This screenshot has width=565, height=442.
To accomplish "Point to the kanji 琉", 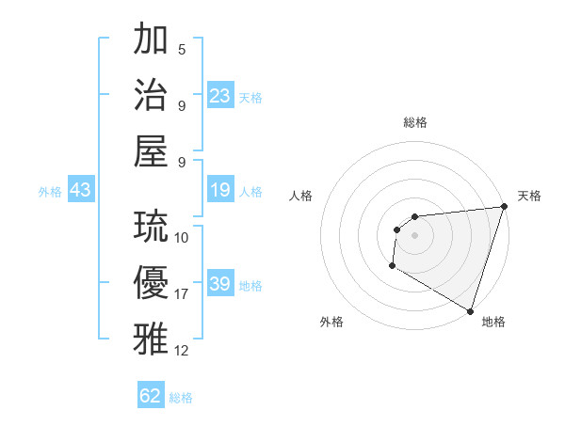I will pos(152,226).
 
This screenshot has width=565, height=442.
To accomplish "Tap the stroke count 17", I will pos(182,294).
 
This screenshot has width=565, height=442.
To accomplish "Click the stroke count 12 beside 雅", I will pos(182,351).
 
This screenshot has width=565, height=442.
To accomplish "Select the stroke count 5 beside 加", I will pos(182,50).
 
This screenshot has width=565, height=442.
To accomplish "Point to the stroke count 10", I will pos(182,237).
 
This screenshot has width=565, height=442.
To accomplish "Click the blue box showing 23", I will pos(220,96).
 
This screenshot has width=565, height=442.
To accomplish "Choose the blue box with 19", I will pos(220,191).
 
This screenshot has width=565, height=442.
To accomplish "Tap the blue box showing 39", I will pos(220,284).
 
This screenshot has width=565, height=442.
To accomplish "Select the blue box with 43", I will pos(80,191).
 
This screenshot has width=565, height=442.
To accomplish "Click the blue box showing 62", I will pos(151,396).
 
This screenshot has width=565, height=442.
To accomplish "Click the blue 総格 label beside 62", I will pos(181,398).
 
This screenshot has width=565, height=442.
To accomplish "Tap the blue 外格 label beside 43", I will pos(50,192).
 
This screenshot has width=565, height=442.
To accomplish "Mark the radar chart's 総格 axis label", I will pos(414,122).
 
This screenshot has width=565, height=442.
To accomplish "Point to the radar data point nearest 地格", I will pos(471,311).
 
